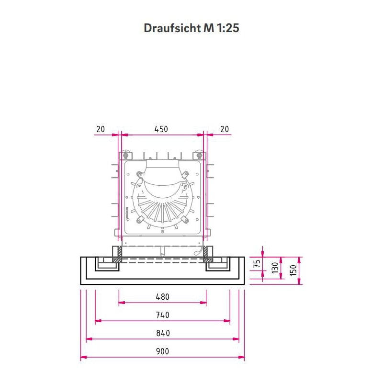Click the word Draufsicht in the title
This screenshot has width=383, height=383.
pyautogui.click(x=171, y=28)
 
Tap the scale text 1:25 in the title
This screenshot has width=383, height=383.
pyautogui.click(x=227, y=28)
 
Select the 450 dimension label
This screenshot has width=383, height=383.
pyautogui.click(x=161, y=129)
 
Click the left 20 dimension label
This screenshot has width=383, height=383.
pyautogui.click(x=101, y=129)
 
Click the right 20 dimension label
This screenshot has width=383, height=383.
pyautogui.click(x=224, y=129)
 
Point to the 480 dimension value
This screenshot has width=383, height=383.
pyautogui.click(x=162, y=297)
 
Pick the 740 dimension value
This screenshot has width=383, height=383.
pyautogui.click(x=162, y=315)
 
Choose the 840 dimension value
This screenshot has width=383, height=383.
pyautogui.click(x=162, y=333)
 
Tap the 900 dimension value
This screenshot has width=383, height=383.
pyautogui.click(x=162, y=351)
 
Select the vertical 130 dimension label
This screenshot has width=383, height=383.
pyautogui.click(x=275, y=268)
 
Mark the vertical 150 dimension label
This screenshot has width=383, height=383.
pyautogui.click(x=293, y=270)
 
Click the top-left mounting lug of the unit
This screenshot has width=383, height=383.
pyautogui.click(x=125, y=156)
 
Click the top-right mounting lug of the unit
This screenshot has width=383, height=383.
pyautogui.click(x=198, y=156)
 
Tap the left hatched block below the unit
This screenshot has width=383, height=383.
pyautogui.click(x=116, y=254)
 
